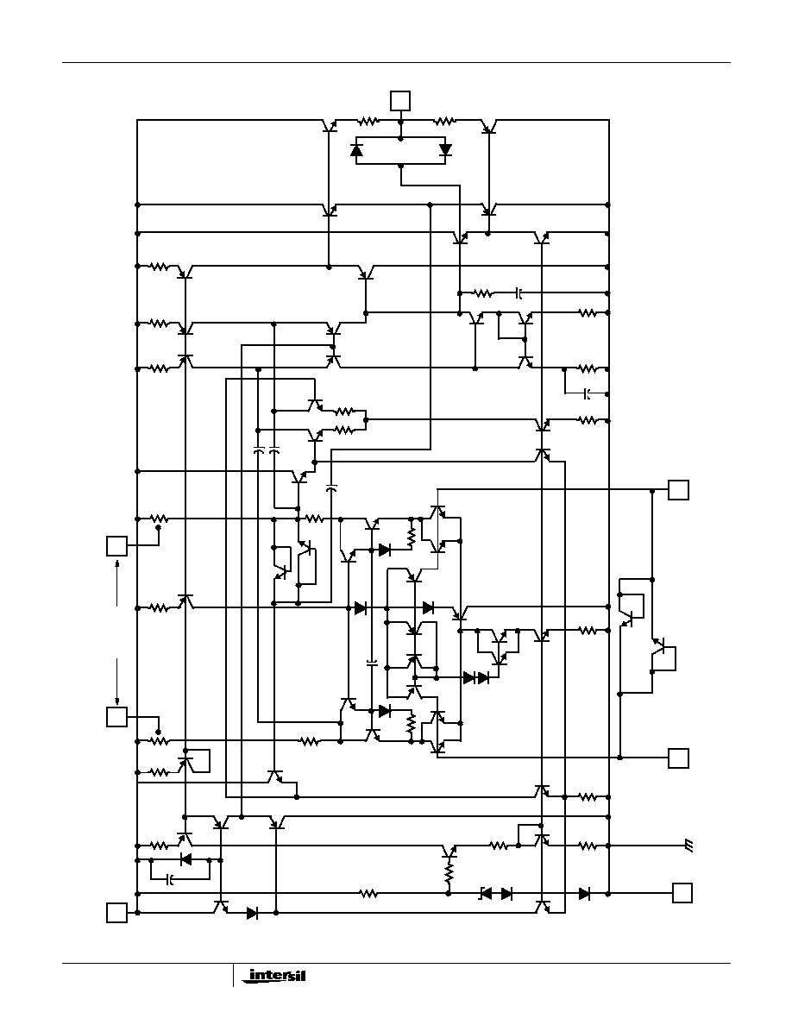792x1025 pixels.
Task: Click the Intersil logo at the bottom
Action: pyautogui.click(x=273, y=976)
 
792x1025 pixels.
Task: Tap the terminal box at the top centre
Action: pyautogui.click(x=400, y=101)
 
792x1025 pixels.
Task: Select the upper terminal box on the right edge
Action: pyautogui.click(x=678, y=489)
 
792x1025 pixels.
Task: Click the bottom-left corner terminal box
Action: pyautogui.click(x=117, y=913)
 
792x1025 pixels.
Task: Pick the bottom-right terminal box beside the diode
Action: pyautogui.click(x=682, y=893)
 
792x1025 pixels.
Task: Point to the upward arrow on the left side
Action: pyautogui.click(x=117, y=582)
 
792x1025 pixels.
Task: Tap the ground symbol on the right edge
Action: pyautogui.click(x=688, y=846)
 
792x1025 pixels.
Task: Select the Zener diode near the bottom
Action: pyautogui.click(x=486, y=893)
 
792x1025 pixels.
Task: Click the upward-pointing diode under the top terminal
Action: pyautogui.click(x=356, y=150)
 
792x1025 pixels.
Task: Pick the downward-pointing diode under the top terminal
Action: pyautogui.click(x=446, y=150)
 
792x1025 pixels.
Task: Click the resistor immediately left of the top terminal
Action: pyautogui.click(x=368, y=121)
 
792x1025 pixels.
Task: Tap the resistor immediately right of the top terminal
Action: pyautogui.click(x=445, y=121)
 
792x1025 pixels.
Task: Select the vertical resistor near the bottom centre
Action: pyautogui.click(x=449, y=873)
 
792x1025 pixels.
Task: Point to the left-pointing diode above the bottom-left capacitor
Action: pyautogui.click(x=185, y=859)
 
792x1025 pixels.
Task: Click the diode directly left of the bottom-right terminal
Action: pyautogui.click(x=584, y=893)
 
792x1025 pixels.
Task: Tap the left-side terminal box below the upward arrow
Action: pyautogui.click(x=117, y=545)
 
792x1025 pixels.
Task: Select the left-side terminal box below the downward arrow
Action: pyautogui.click(x=117, y=716)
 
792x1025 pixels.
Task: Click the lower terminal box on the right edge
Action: pyautogui.click(x=678, y=758)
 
